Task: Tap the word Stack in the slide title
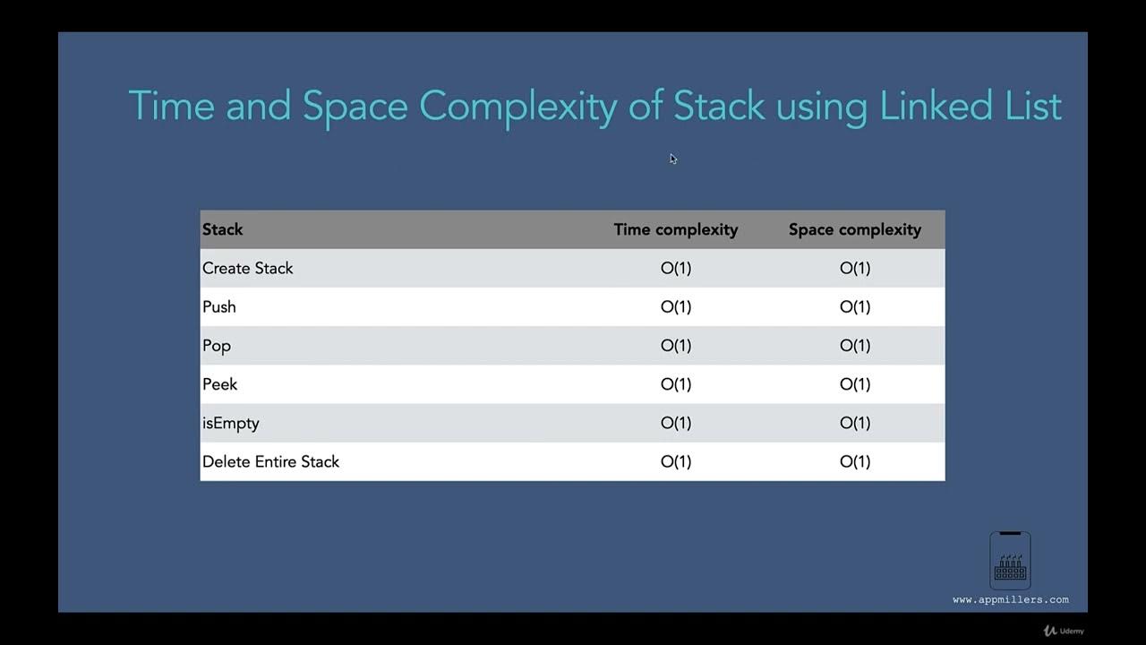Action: click(x=719, y=106)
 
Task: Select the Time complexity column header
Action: click(x=676, y=229)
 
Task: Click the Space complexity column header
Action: click(x=854, y=229)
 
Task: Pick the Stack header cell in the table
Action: click(x=223, y=229)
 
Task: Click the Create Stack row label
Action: click(x=248, y=268)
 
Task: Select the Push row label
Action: click(x=219, y=306)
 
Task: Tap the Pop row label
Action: click(x=217, y=346)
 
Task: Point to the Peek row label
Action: click(x=220, y=384)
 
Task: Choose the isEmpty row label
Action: click(x=231, y=423)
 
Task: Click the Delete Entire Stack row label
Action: click(x=270, y=461)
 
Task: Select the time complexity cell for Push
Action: click(x=676, y=306)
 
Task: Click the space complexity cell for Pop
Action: click(x=854, y=346)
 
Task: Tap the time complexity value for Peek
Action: click(x=676, y=384)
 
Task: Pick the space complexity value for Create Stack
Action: click(x=854, y=268)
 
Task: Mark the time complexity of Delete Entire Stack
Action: click(x=676, y=461)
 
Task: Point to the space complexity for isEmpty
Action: click(x=854, y=423)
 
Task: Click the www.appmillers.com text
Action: click(x=1011, y=599)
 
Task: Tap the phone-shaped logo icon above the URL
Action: click(x=1010, y=560)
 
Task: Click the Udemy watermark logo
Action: click(x=1064, y=631)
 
